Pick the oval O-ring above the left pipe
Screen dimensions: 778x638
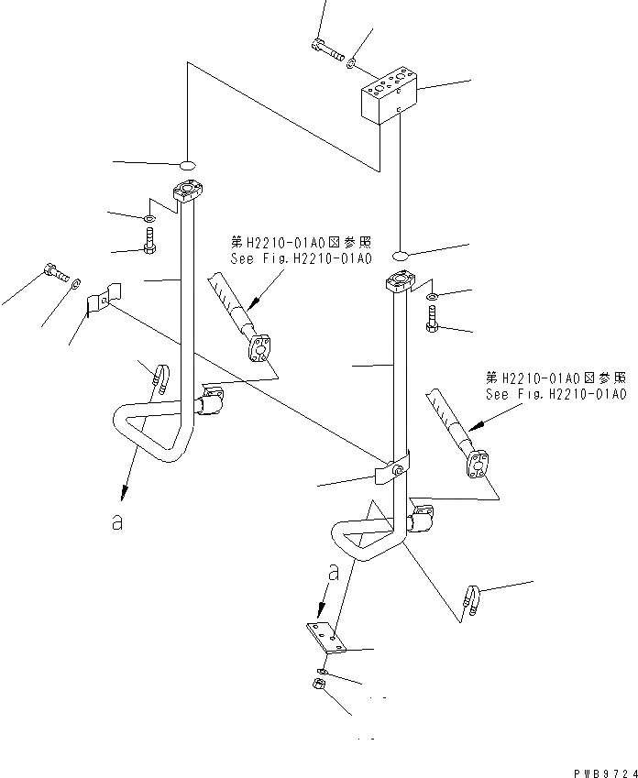(186, 166)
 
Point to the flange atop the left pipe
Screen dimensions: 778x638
(187, 193)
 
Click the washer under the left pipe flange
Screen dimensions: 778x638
(148, 220)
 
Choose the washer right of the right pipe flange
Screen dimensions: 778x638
(433, 296)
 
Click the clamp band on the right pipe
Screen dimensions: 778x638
(390, 472)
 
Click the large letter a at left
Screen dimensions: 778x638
(115, 523)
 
